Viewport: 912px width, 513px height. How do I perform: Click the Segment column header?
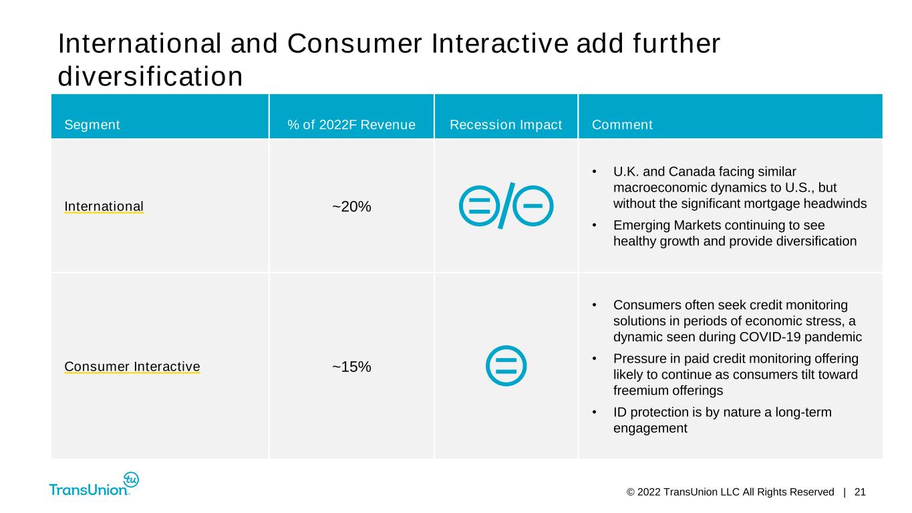pos(92,125)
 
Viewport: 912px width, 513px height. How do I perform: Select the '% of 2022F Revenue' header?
pos(351,125)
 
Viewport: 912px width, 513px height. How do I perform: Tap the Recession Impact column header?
pos(506,125)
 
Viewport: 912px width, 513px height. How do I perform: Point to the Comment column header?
pos(622,125)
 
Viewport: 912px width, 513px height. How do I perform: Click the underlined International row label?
pos(104,206)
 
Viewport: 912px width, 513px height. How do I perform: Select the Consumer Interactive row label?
pos(132,367)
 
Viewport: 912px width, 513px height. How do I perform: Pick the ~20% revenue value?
pos(351,207)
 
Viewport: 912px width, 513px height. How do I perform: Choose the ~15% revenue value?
pos(351,367)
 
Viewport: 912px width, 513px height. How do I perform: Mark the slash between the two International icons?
pos(506,206)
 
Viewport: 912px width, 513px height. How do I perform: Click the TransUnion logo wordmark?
pos(88,490)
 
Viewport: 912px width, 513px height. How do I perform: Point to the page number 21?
pos(860,492)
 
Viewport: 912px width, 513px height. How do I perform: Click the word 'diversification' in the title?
pos(150,76)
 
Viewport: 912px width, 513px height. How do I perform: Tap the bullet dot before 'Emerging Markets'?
pos(595,225)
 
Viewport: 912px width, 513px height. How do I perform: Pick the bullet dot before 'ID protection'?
pos(595,412)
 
